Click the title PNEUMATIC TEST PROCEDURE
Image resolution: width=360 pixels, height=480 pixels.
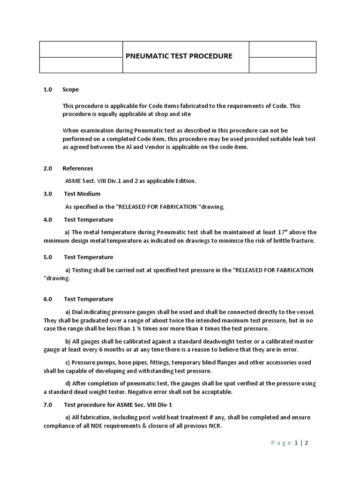179,56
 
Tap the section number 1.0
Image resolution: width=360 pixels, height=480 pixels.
48,89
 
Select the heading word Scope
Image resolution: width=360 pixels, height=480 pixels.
71,89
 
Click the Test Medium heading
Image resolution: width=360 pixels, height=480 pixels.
82,194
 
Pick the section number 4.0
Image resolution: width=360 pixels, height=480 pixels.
48,219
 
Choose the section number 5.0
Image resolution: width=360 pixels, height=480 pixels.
48,257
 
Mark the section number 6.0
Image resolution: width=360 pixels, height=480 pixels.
48,299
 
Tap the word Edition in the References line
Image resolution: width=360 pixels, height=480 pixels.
183,181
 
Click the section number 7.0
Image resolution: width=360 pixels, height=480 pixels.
48,404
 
